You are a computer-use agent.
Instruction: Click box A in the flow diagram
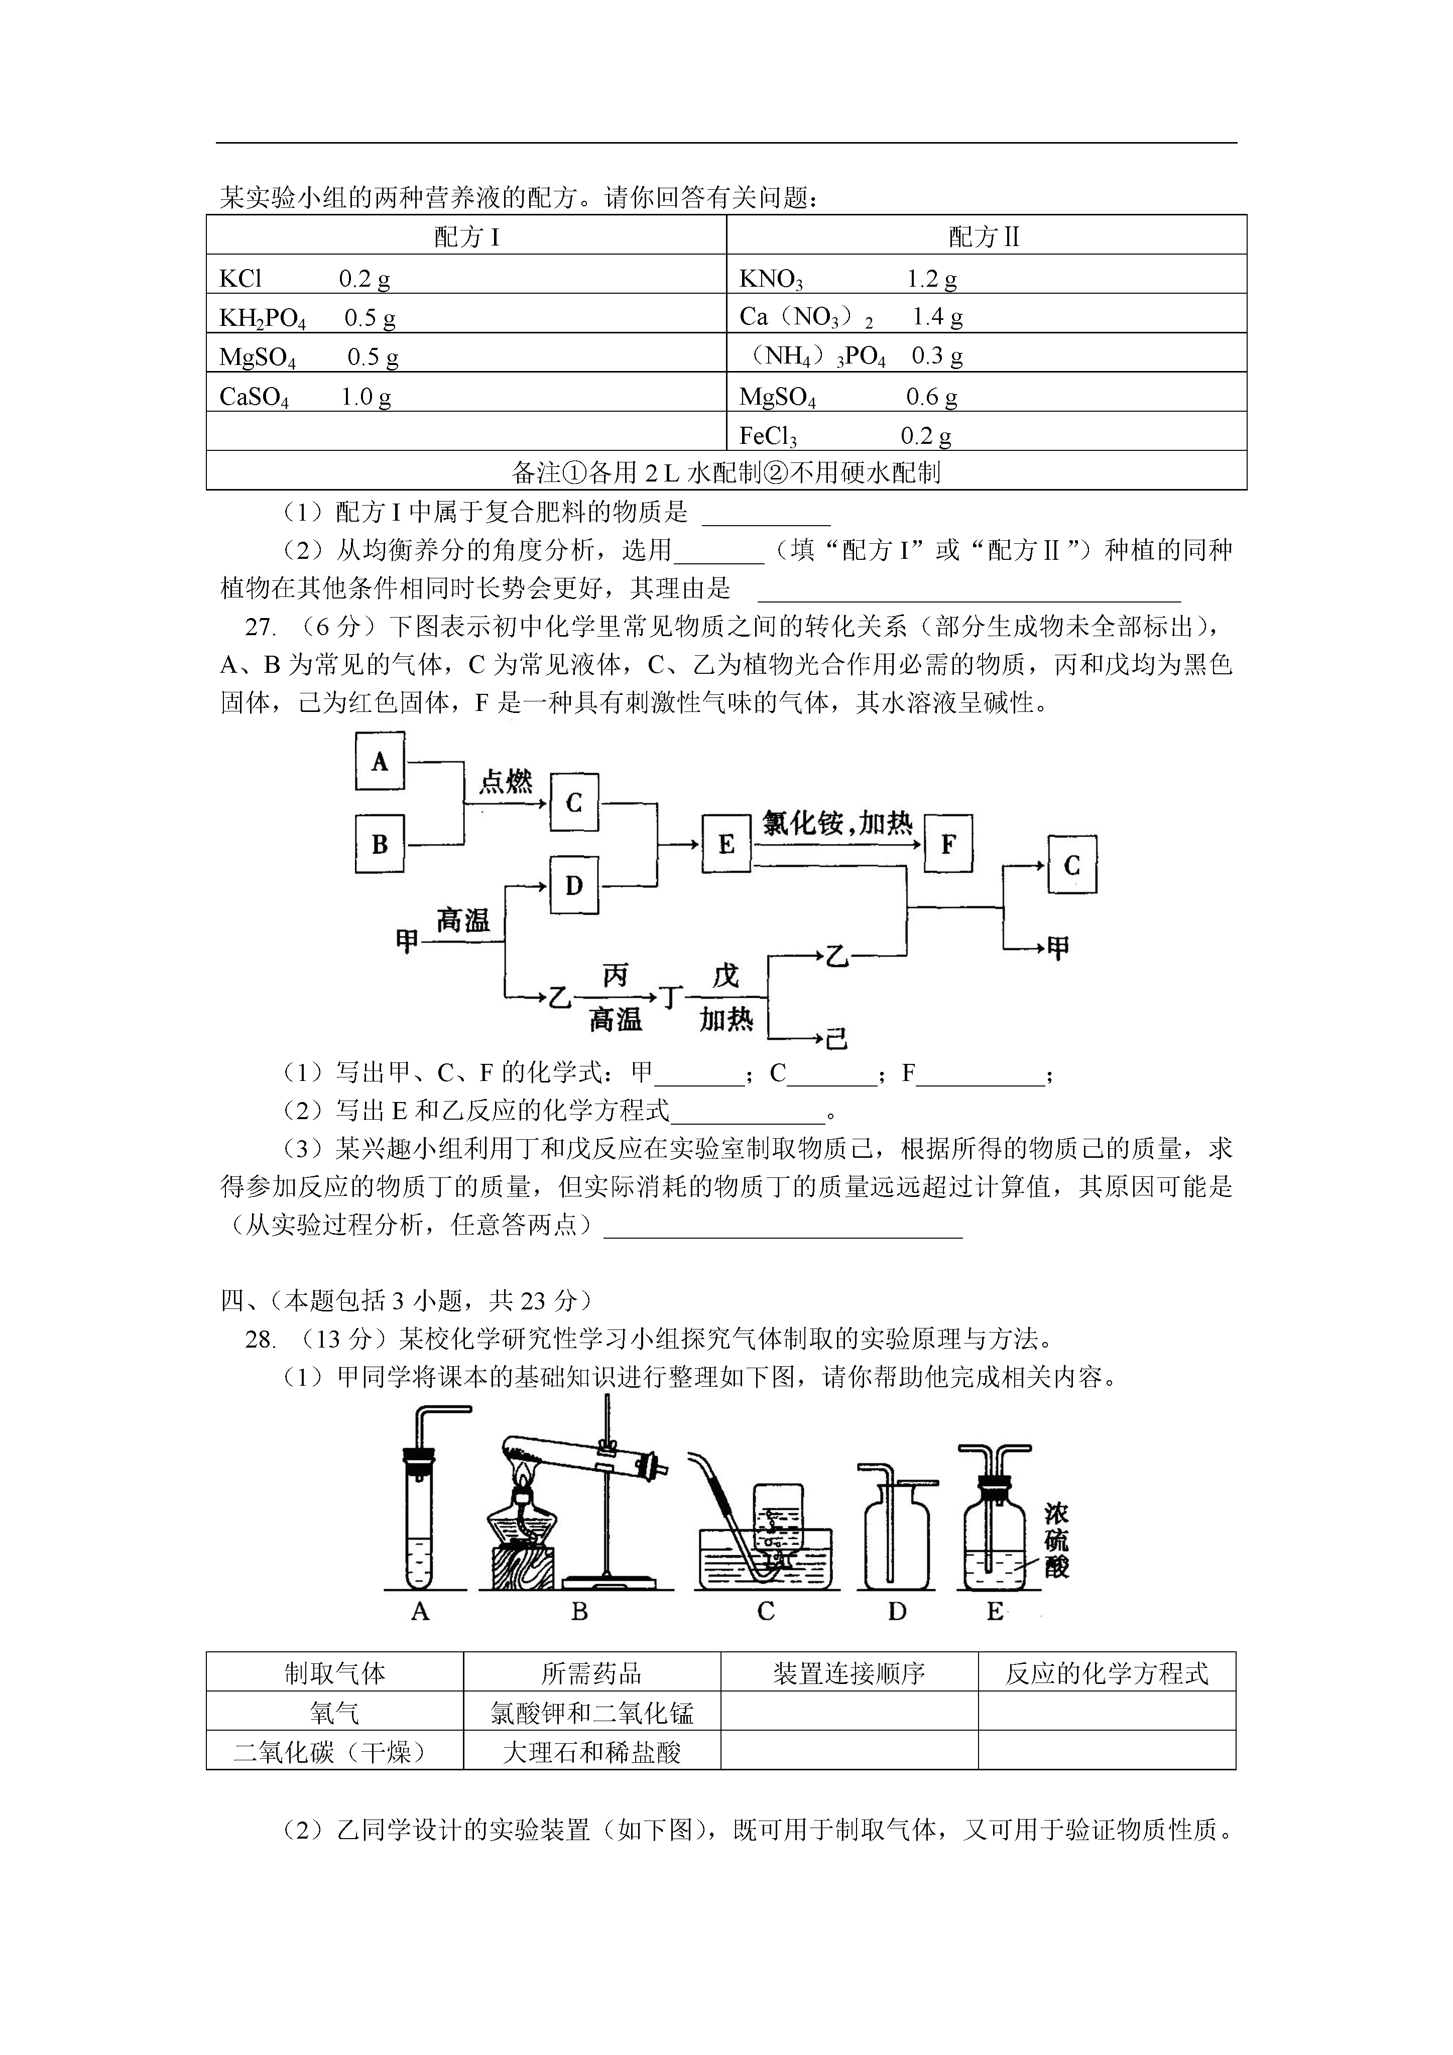point(380,761)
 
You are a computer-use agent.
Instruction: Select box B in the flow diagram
point(380,843)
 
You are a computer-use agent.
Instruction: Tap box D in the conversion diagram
point(574,885)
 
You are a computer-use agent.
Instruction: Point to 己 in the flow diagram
point(836,1038)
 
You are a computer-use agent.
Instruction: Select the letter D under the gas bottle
point(897,1612)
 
